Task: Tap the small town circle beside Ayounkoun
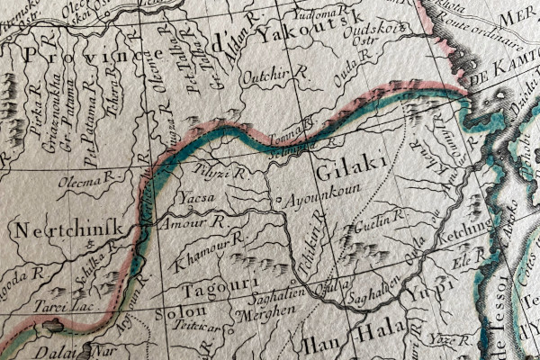(x=279, y=200)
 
